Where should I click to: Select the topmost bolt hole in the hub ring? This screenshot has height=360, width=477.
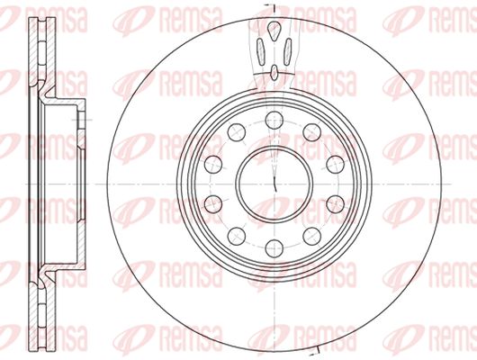(x=274, y=120)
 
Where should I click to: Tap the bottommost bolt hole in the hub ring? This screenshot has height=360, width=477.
(x=274, y=248)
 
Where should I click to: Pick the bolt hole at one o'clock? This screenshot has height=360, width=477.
(x=312, y=132)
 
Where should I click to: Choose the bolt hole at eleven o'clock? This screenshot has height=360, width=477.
(x=237, y=132)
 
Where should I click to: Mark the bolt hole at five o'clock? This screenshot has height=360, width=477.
(x=312, y=236)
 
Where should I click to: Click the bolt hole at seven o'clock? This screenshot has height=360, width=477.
(x=237, y=236)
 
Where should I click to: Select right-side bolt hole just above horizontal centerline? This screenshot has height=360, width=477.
(x=335, y=165)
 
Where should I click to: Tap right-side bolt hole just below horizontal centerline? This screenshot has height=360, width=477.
(x=335, y=204)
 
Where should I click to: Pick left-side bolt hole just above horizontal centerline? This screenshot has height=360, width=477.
(x=213, y=165)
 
